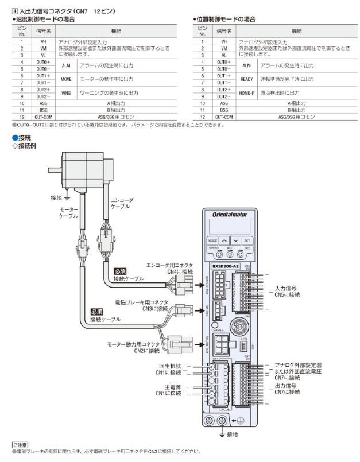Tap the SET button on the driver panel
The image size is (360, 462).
(247, 240)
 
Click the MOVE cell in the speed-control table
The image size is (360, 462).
(66, 79)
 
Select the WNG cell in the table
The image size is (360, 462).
(66, 93)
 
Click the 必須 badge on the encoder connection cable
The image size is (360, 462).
(120, 271)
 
